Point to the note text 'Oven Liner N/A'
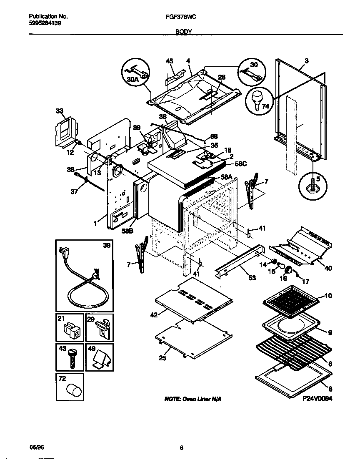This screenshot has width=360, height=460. point(193,399)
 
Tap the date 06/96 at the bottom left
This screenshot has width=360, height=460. point(37,447)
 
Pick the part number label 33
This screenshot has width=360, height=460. point(59,111)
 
